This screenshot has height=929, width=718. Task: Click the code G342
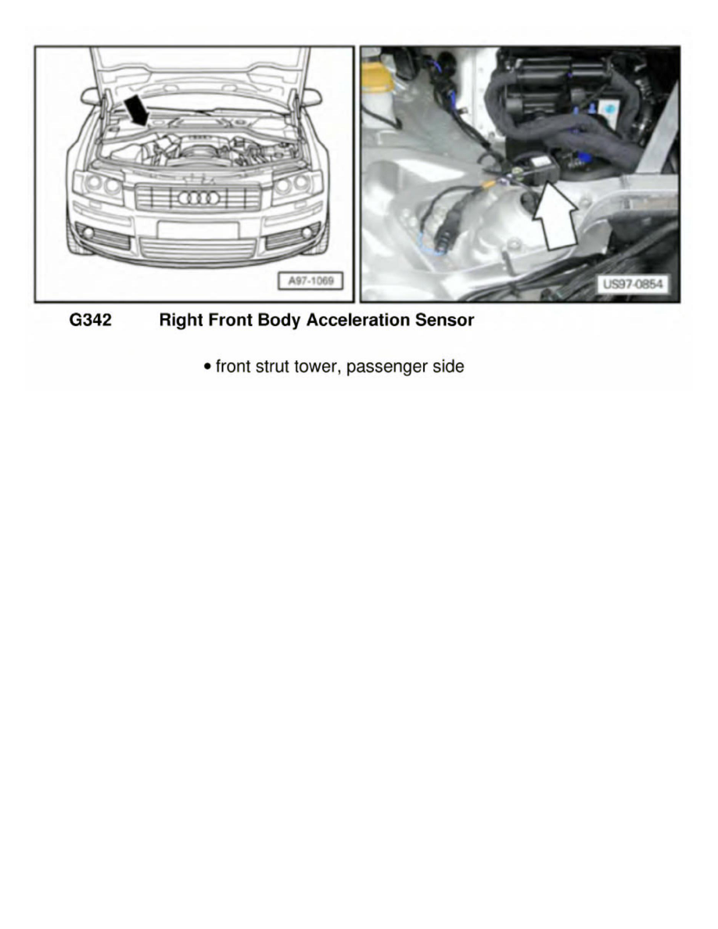click(x=91, y=321)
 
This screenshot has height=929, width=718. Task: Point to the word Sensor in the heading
click(x=447, y=321)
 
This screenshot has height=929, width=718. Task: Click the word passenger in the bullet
click(x=382, y=366)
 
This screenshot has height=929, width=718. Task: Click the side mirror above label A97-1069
click(x=311, y=97)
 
